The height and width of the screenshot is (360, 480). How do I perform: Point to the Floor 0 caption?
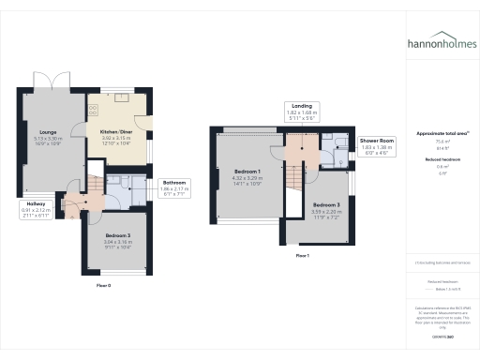click(x=103, y=284)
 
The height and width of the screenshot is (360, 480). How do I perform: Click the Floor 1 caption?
click(x=302, y=255)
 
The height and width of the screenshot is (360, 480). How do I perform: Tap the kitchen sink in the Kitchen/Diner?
click(x=122, y=96)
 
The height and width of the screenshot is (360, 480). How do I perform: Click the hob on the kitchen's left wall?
click(x=92, y=109)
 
